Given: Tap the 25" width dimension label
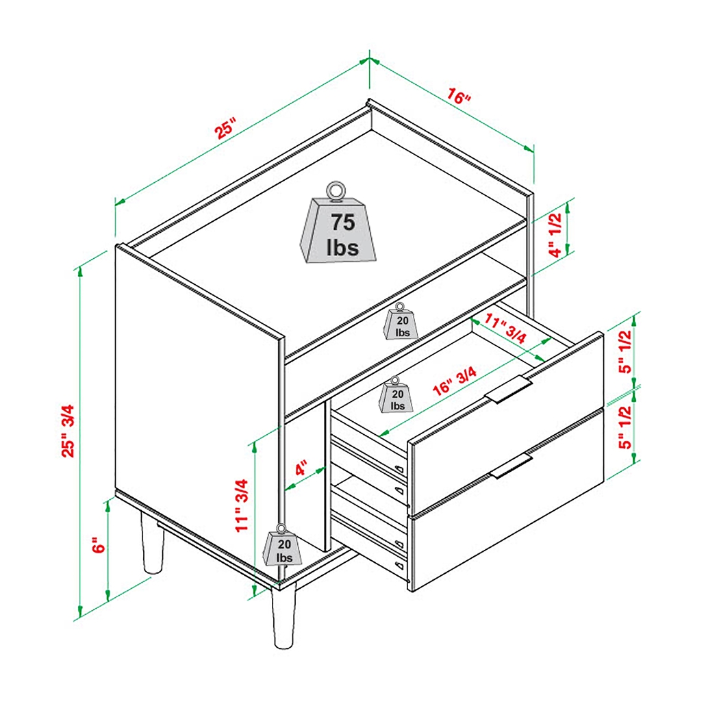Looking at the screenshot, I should click(x=226, y=128).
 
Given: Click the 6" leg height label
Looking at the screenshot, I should click(x=99, y=546).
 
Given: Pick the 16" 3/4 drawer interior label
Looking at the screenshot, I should click(x=455, y=381).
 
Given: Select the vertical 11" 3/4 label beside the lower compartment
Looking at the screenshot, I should click(x=242, y=505).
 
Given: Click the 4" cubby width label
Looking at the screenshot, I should click(x=302, y=472).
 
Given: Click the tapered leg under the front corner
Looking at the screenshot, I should click(x=282, y=616).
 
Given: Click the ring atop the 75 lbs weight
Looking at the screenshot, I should click(x=336, y=191).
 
